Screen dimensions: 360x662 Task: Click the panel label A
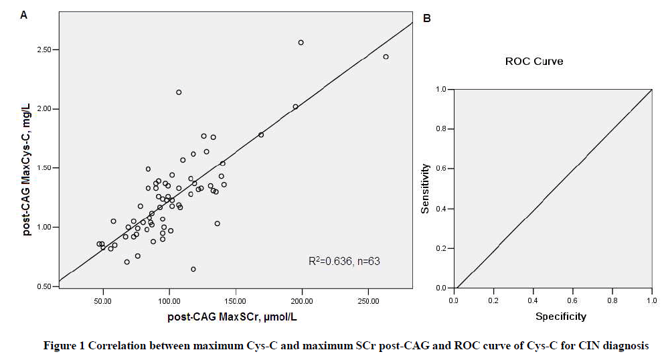click(x=23, y=14)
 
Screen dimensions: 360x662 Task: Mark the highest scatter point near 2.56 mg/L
click(x=301, y=42)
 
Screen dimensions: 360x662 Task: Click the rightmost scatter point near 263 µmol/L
click(x=386, y=57)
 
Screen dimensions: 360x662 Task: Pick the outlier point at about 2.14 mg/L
click(x=179, y=92)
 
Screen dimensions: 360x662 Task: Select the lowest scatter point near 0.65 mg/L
click(x=193, y=269)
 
